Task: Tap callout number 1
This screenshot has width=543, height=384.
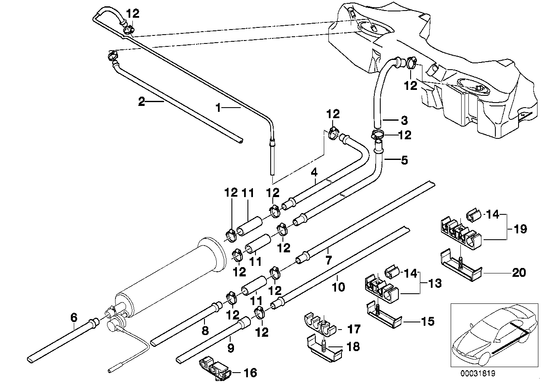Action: click(218, 108)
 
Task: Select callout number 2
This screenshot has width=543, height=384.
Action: click(142, 101)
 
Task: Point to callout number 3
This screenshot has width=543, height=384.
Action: click(404, 120)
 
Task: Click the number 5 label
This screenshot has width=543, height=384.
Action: click(404, 160)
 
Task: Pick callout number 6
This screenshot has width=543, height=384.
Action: click(74, 317)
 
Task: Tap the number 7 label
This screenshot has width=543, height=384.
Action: click(328, 260)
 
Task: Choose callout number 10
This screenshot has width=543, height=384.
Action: click(339, 287)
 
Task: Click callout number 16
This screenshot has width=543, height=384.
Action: click(250, 373)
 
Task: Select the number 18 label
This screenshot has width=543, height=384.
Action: click(353, 346)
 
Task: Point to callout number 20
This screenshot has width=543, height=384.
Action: click(519, 273)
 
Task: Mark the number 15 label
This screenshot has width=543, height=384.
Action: click(427, 321)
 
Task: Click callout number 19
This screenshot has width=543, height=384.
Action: click(520, 229)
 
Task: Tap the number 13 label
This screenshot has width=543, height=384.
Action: click(435, 283)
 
